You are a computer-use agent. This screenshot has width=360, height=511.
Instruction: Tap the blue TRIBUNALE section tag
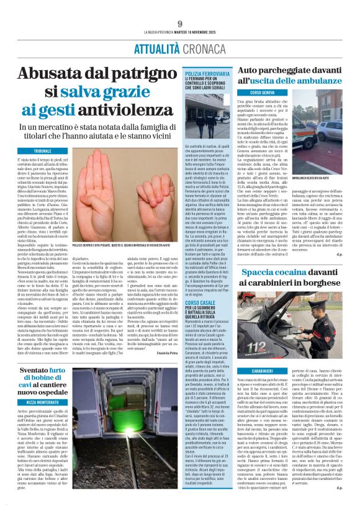(x=43, y=151)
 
